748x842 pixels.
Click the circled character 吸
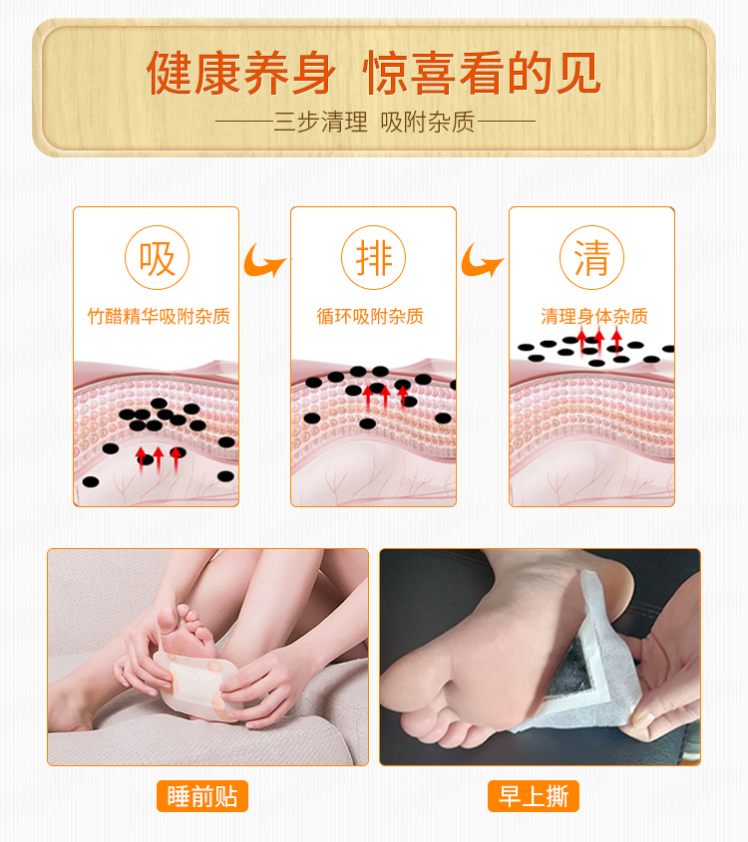(157, 258)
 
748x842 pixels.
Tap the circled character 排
(373, 258)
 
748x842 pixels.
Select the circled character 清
(591, 258)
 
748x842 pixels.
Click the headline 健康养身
(241, 73)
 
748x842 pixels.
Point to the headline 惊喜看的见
(482, 73)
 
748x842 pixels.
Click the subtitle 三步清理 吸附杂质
(375, 122)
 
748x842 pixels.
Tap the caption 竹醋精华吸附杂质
(159, 316)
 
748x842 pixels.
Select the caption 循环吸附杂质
(370, 316)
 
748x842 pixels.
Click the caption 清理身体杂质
(594, 316)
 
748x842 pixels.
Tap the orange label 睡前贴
(202, 796)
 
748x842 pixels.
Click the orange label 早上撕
(534, 796)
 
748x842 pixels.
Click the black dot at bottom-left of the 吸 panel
(91, 481)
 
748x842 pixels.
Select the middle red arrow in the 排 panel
(385, 398)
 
